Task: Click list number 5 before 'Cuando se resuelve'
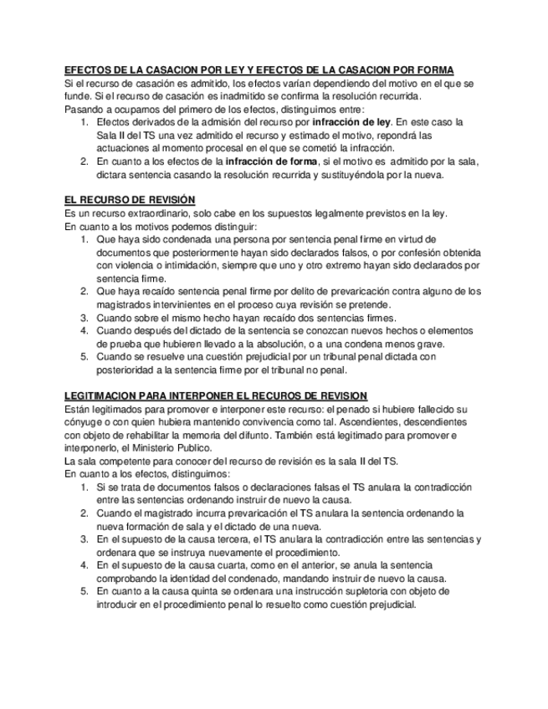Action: (85, 357)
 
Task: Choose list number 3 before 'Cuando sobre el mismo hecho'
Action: (85, 318)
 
